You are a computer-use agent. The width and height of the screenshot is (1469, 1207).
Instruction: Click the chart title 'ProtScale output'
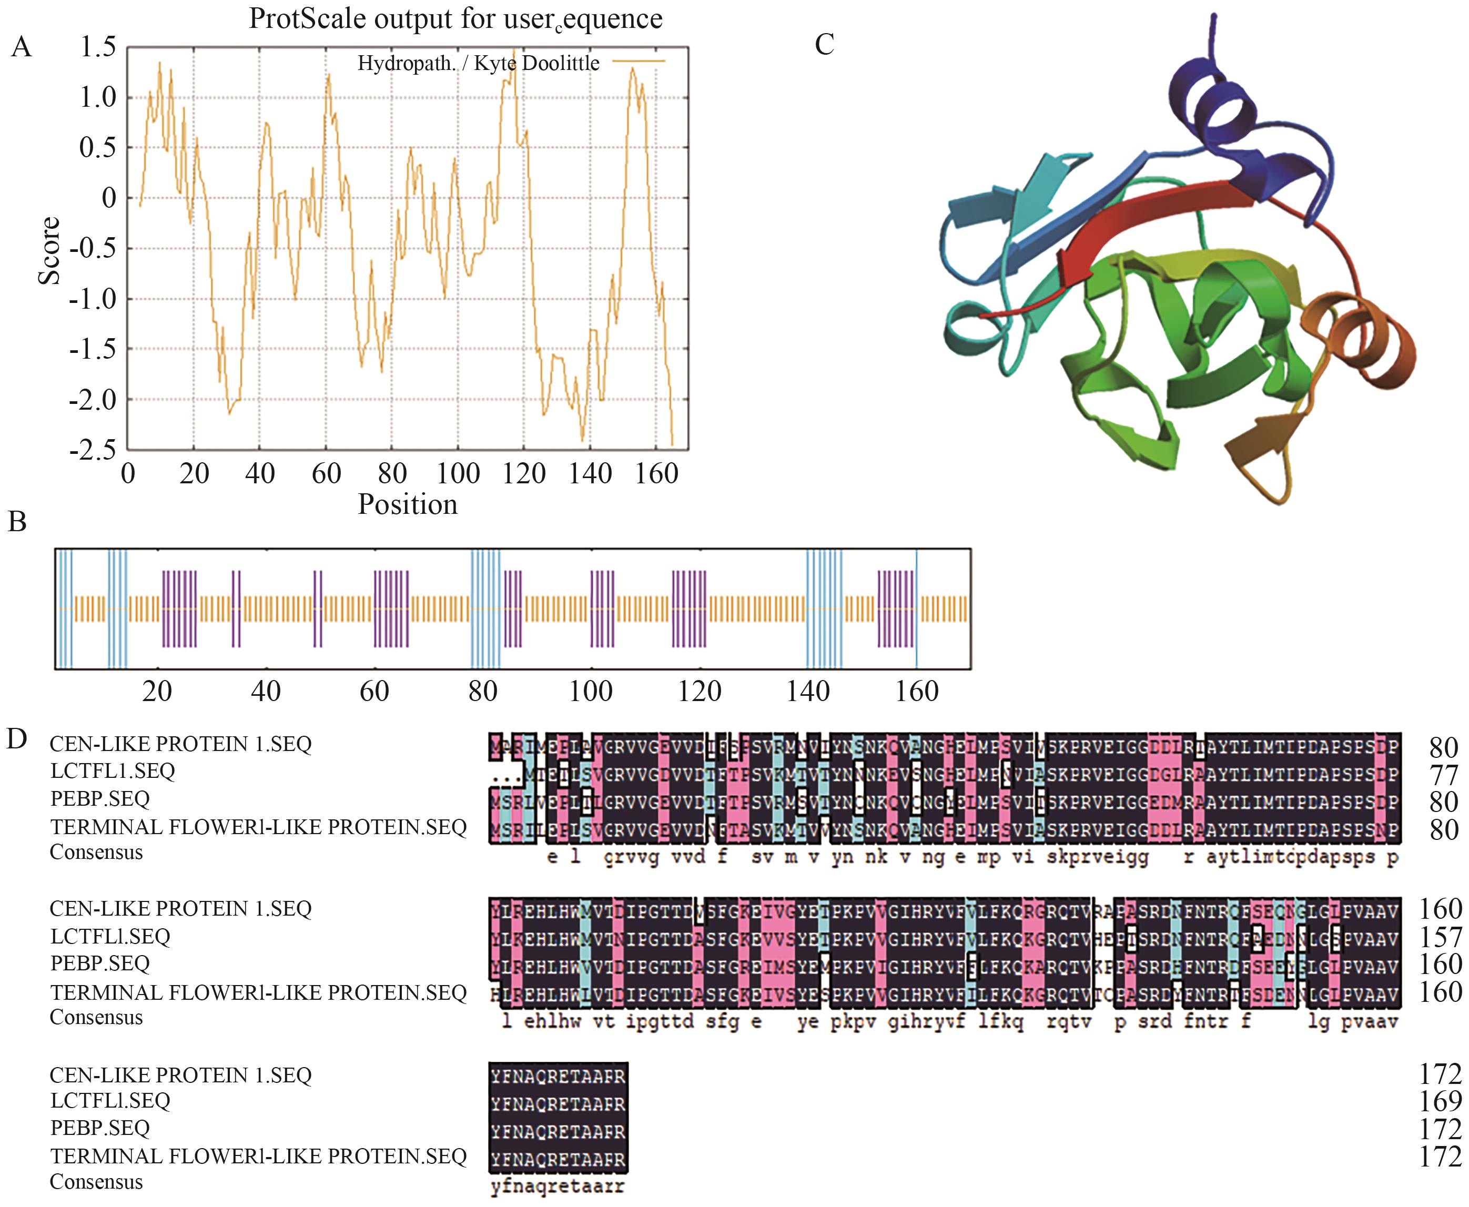pos(455,19)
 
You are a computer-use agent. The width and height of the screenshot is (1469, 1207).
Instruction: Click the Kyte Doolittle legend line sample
pos(638,61)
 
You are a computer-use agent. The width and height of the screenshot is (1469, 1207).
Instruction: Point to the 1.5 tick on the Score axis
pos(98,47)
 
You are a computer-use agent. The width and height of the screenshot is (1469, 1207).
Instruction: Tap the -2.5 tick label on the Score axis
pos(93,450)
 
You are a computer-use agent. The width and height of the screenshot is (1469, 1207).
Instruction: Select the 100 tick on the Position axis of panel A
pos(458,473)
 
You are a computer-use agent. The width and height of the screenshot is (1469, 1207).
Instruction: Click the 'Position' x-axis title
pos(408,504)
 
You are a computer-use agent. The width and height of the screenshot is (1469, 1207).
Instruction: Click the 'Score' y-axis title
pos(49,250)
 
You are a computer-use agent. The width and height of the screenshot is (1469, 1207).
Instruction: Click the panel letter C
pos(824,45)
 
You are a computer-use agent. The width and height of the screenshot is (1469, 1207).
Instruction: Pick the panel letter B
pos(17,522)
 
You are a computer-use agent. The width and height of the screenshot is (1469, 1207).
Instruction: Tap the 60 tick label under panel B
pos(374,691)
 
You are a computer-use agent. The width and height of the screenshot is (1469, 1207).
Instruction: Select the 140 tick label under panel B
pos(808,691)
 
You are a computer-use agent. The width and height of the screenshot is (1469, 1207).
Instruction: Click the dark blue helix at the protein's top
pos(1223,111)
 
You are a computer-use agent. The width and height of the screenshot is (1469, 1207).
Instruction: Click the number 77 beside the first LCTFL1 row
pos(1443,775)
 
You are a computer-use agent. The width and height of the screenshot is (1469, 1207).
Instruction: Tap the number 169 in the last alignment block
pos(1440,1101)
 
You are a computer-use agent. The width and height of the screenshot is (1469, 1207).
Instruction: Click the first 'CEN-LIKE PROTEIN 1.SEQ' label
pos(180,744)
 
